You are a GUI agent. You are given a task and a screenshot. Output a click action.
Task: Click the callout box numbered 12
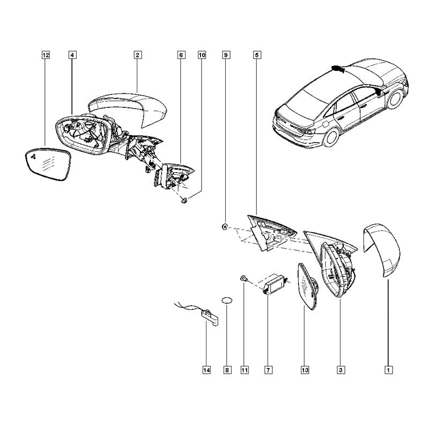coord(46,55)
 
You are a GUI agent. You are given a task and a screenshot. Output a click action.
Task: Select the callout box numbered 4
coord(72,55)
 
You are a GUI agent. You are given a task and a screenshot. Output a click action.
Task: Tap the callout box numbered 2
coord(137,55)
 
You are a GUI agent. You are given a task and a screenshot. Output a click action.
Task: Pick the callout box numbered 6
coord(181,55)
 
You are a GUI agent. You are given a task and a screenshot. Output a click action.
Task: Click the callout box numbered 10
coord(202,55)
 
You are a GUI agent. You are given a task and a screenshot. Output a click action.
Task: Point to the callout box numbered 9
coord(226,55)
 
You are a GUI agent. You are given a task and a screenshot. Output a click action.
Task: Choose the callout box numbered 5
coord(257,55)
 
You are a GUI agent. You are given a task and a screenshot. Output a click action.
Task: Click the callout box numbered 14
coord(206,370)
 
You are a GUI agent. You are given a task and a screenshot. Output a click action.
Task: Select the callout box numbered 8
coord(227,370)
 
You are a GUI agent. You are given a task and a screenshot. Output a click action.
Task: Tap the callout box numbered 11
coord(245,370)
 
